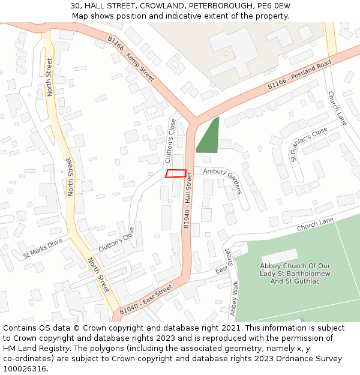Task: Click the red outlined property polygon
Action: pos(176,173)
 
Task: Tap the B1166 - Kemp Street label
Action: pos(131,58)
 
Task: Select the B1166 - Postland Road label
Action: pos(299,74)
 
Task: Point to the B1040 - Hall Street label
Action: pos(188,200)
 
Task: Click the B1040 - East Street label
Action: pos(145,300)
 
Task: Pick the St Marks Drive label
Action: pos(43,248)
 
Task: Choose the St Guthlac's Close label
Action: pos(309,144)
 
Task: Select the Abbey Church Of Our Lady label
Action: pos(295,274)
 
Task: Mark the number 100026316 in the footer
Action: pos(24,368)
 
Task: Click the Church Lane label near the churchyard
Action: pos(315,224)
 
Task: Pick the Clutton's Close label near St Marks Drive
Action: pos(116,238)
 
